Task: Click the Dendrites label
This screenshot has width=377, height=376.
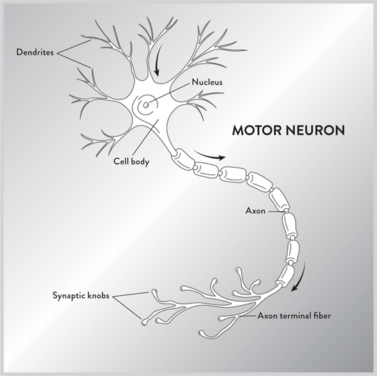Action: point(35,52)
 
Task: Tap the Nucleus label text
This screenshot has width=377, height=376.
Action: point(207,82)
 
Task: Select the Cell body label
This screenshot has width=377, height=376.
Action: point(131,162)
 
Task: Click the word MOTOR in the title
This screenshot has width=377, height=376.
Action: point(256,130)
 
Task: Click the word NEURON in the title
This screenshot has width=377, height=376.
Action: point(315,130)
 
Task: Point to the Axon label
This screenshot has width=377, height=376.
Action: point(255,211)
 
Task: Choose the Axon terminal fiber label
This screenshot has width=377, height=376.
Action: point(294,315)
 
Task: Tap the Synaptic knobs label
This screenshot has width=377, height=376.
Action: point(81,295)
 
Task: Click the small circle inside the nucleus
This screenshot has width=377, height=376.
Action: point(146,105)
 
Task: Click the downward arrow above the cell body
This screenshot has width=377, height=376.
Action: point(158,60)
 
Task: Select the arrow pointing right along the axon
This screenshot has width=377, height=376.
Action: point(209,155)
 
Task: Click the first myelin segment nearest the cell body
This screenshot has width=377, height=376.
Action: point(182,159)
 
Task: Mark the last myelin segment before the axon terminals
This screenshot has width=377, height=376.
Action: point(286,275)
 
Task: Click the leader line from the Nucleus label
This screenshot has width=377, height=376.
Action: point(169,93)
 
